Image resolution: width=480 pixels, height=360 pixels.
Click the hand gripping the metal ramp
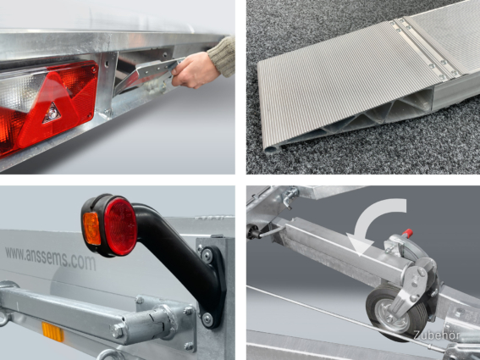point(194,70)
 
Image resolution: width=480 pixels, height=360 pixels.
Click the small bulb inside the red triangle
point(52,113)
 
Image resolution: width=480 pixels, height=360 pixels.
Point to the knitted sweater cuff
point(223,58)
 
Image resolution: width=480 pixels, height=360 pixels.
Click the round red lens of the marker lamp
point(120,226)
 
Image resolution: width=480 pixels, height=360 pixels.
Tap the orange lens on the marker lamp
point(91,228)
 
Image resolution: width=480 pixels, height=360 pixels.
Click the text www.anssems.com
point(51,258)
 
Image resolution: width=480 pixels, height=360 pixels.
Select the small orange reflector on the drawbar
point(53,331)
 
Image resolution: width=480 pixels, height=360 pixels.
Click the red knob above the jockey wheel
point(407,233)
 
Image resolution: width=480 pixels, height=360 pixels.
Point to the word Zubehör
point(436,335)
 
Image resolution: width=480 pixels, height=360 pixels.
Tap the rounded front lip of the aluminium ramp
point(272,150)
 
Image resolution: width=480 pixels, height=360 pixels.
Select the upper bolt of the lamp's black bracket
point(207,254)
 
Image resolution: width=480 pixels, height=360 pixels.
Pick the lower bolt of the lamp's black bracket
point(208,319)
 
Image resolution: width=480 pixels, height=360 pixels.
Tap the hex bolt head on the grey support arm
point(117,330)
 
